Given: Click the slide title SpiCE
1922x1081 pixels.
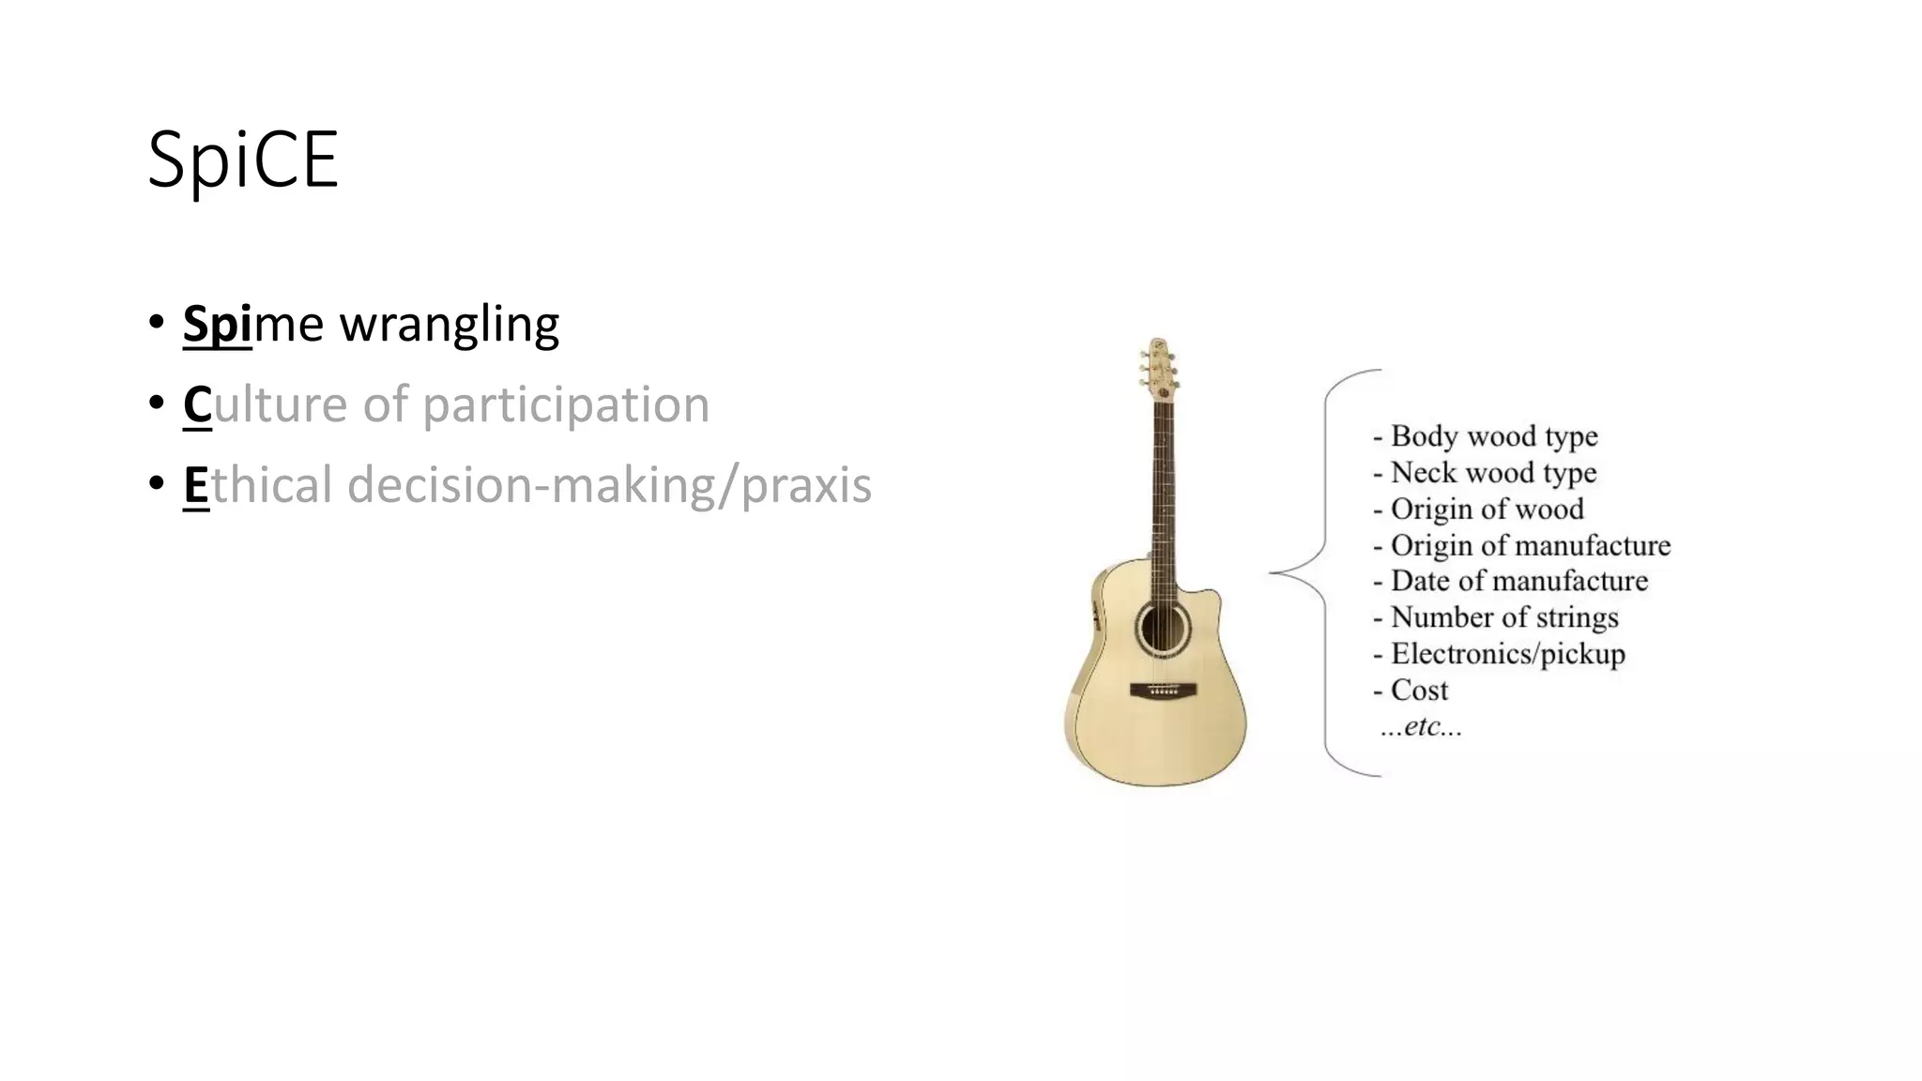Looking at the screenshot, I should pos(243,160).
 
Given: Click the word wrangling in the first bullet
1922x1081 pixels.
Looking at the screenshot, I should pos(450,325).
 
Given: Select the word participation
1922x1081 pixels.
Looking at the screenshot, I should pos(565,405).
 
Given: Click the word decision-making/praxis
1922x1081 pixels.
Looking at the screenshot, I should pos(609,486).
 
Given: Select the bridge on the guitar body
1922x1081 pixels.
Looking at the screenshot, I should pos(1164,691).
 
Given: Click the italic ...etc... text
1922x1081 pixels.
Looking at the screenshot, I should pos(1421,726).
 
